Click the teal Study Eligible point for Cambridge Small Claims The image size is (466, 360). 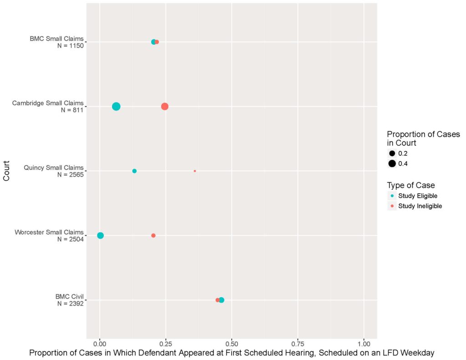116,106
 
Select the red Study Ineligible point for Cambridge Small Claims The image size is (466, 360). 165,106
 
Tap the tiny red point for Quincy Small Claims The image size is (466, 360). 195,171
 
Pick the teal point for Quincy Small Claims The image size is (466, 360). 134,171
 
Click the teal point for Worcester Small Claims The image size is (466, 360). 101,235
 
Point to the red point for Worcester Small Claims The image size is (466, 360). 153,235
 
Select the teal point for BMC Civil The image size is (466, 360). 222,300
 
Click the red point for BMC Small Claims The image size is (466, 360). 157,42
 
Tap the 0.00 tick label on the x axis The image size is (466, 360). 100,344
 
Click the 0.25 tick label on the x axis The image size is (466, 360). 166,344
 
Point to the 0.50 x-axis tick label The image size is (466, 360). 232,344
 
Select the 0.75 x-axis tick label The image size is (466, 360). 298,344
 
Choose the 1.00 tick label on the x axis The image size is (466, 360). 364,344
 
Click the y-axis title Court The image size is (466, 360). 6,171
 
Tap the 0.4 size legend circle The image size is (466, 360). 392,163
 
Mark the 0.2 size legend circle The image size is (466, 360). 392,153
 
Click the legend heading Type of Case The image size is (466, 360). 411,186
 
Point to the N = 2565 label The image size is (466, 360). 71,174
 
